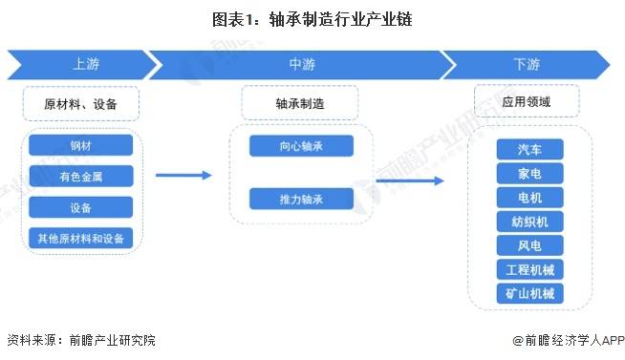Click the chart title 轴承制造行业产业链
pyautogui.click(x=312, y=18)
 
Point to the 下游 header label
pyautogui.click(x=525, y=65)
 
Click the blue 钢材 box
pyautogui.click(x=81, y=145)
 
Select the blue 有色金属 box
pyautogui.click(x=81, y=176)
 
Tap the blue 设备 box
pyautogui.click(x=81, y=207)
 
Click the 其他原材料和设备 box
pyautogui.click(x=81, y=238)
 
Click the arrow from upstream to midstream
pyautogui.click(x=183, y=175)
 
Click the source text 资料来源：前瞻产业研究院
pyautogui.click(x=80, y=340)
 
